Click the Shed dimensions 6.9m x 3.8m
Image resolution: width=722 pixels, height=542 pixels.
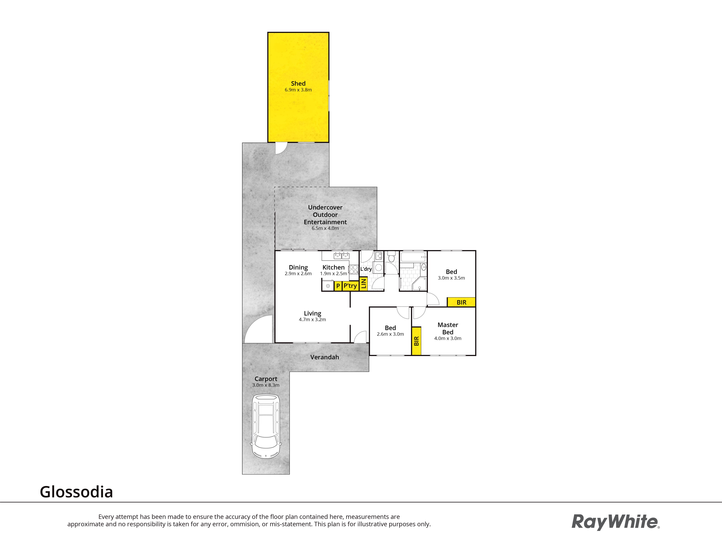(x=298, y=90)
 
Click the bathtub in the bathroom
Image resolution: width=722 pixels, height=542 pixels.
(x=413, y=257)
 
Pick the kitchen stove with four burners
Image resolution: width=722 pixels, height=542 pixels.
(x=353, y=269)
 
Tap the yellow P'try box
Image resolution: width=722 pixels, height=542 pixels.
(x=350, y=286)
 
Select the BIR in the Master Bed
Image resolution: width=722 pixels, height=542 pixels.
(x=416, y=341)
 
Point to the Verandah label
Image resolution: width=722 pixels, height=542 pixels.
(x=324, y=357)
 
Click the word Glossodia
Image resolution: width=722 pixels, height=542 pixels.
(x=76, y=492)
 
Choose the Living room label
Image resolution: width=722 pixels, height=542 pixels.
(x=312, y=314)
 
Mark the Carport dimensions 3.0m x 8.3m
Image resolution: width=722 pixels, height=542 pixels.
(x=266, y=385)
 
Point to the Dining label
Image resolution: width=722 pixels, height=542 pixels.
(x=298, y=267)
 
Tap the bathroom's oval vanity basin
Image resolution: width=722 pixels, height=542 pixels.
(x=423, y=267)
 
